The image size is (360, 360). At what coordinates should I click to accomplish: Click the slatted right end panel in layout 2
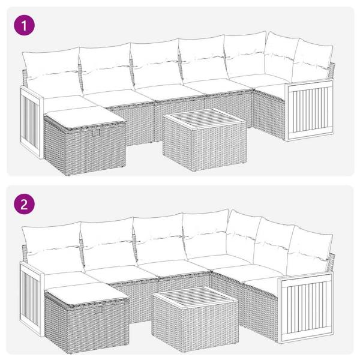[x=307, y=306]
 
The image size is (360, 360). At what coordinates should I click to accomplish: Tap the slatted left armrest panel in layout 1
[x=30, y=117]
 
